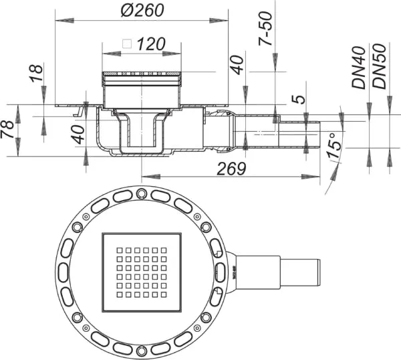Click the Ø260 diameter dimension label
142,11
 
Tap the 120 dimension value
151,44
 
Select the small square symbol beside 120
127,44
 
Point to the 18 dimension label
36,73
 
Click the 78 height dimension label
7,129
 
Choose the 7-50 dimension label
265,29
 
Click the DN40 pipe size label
359,68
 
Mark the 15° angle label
334,145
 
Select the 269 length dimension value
231,169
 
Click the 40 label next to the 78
78,134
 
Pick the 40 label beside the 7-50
237,65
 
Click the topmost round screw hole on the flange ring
140,193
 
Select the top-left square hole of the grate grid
120,250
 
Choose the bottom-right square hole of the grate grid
164,294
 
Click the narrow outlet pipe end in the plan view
318,272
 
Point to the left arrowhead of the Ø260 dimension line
64,21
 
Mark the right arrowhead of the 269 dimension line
311,177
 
